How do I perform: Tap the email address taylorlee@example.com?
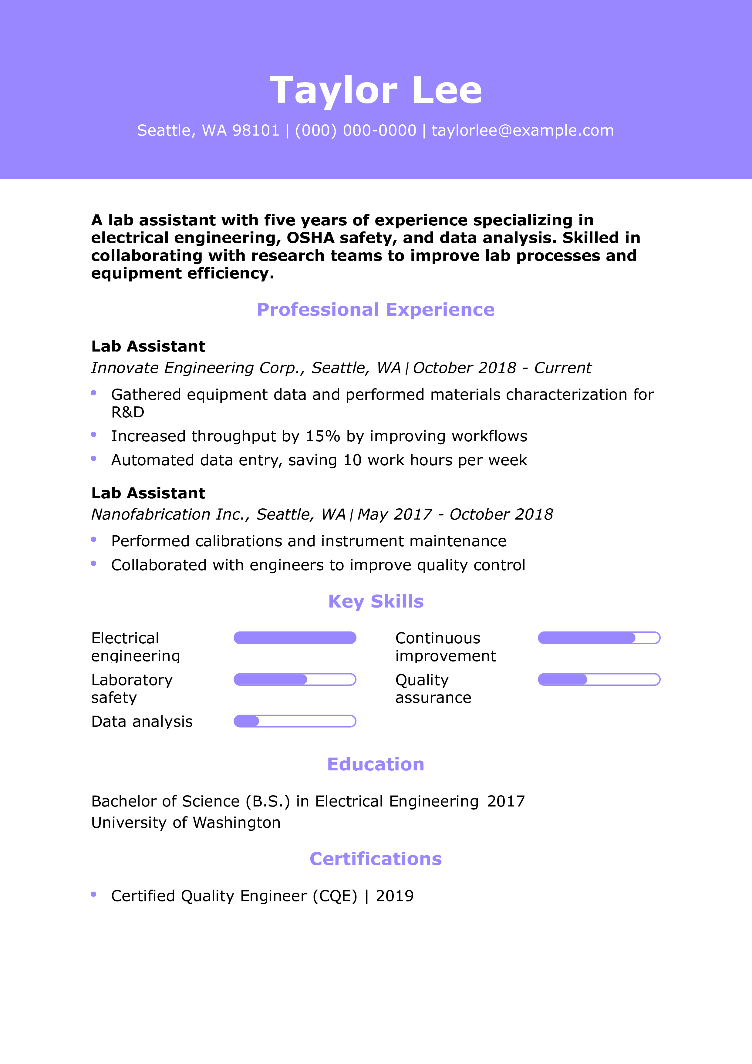click(522, 131)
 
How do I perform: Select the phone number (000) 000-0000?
click(356, 131)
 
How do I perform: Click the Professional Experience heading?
click(376, 310)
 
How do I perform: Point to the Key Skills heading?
click(376, 601)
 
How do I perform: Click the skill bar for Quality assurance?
click(599, 680)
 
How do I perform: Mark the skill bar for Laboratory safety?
click(295, 680)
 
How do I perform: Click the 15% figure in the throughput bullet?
click(323, 436)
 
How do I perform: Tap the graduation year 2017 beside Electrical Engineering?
click(506, 802)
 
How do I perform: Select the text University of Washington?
click(186, 823)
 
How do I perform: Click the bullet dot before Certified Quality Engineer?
click(94, 894)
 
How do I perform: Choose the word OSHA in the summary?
click(310, 238)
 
